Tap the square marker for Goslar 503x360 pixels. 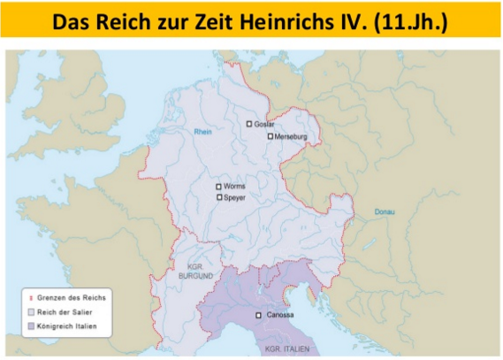(x=249, y=124)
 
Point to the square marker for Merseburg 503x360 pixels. (x=271, y=136)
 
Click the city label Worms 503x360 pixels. (x=235, y=187)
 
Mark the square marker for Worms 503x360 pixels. (x=218, y=187)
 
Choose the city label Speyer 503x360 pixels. (x=236, y=198)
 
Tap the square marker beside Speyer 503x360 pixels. (x=219, y=198)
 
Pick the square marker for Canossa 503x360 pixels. (x=259, y=316)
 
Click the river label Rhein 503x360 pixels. (x=205, y=132)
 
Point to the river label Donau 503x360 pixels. (x=385, y=211)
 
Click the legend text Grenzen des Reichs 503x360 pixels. (x=72, y=298)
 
